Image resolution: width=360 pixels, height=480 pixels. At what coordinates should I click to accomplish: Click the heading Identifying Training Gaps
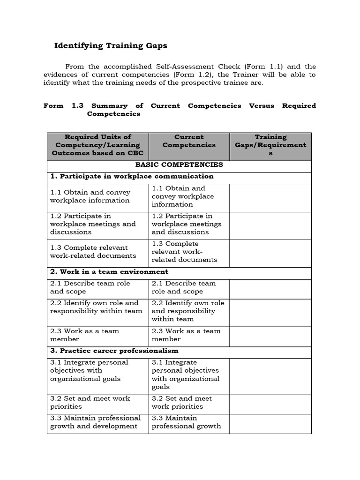(x=111, y=46)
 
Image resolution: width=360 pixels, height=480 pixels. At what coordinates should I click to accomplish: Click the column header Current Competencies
(x=189, y=141)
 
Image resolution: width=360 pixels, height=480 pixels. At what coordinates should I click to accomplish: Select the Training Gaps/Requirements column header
(x=270, y=145)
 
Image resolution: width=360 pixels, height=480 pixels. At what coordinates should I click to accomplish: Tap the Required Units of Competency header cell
(x=97, y=145)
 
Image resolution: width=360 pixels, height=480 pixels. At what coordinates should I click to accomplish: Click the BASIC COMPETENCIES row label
(x=179, y=165)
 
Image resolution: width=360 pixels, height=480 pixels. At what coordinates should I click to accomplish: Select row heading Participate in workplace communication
(x=132, y=177)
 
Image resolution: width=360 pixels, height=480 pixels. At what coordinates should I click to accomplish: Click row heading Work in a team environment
(x=109, y=272)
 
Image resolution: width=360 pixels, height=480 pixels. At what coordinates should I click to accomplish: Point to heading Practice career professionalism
(x=114, y=351)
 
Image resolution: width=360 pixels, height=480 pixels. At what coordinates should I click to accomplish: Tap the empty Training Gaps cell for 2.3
(x=270, y=335)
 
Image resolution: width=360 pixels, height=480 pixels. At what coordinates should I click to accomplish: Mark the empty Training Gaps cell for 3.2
(x=270, y=403)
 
